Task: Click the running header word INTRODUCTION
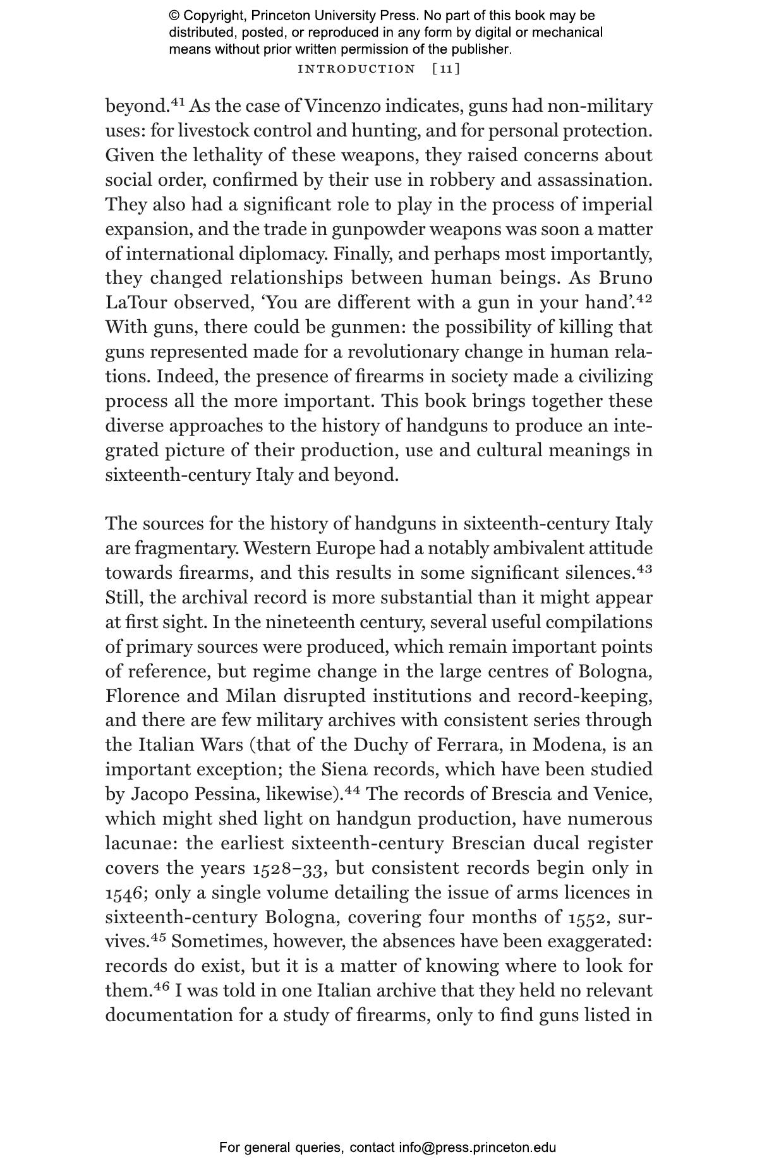[x=356, y=69]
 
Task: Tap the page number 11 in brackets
[x=446, y=69]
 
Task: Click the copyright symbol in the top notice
[x=174, y=16]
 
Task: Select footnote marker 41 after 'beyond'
[x=178, y=101]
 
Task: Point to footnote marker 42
[x=644, y=298]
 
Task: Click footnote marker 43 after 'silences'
[x=644, y=569]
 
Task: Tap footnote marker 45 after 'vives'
[x=158, y=937]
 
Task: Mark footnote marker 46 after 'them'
[x=161, y=986]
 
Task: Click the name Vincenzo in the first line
[x=342, y=106]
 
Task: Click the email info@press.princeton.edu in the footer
[x=477, y=1148]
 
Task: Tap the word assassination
[x=595, y=180]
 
